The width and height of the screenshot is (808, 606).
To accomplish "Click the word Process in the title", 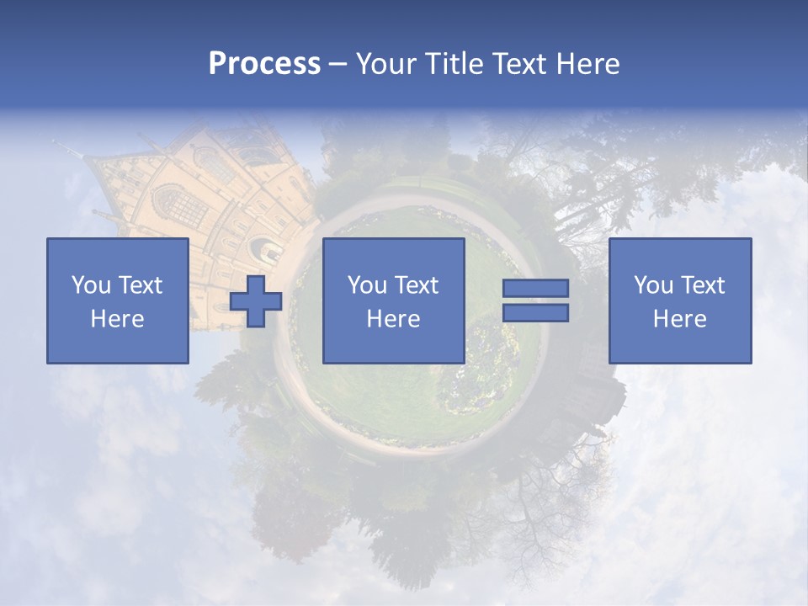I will (264, 64).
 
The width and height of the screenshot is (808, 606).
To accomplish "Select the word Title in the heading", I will (453, 64).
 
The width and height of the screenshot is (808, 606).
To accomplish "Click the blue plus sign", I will (256, 301).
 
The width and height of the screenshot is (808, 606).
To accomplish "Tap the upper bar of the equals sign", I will (535, 289).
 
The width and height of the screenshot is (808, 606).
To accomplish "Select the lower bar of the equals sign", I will (535, 313).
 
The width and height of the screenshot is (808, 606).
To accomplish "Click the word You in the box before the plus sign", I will (91, 285).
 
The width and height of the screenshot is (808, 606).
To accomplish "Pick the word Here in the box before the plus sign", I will (117, 319).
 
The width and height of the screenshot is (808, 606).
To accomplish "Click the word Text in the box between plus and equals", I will (417, 285).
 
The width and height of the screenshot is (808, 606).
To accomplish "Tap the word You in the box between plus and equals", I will (368, 285).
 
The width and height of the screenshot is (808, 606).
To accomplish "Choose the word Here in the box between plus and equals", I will (393, 319).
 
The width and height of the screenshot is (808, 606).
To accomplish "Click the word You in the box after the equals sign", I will (654, 285).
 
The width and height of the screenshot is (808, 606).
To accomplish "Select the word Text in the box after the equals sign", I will (703, 285).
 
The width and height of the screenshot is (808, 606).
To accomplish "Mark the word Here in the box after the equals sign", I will (679, 319).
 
